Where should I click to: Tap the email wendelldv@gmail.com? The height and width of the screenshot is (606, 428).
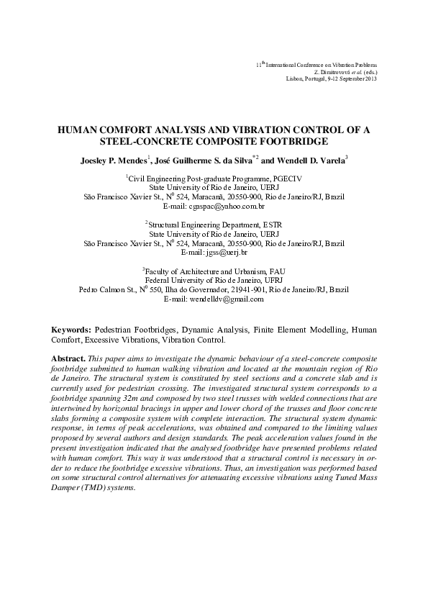tap(224, 299)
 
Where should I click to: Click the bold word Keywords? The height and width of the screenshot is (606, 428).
tap(71, 329)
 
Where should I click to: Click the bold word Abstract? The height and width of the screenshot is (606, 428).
tap(68, 358)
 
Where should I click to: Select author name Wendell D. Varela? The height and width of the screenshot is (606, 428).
tap(311, 160)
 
